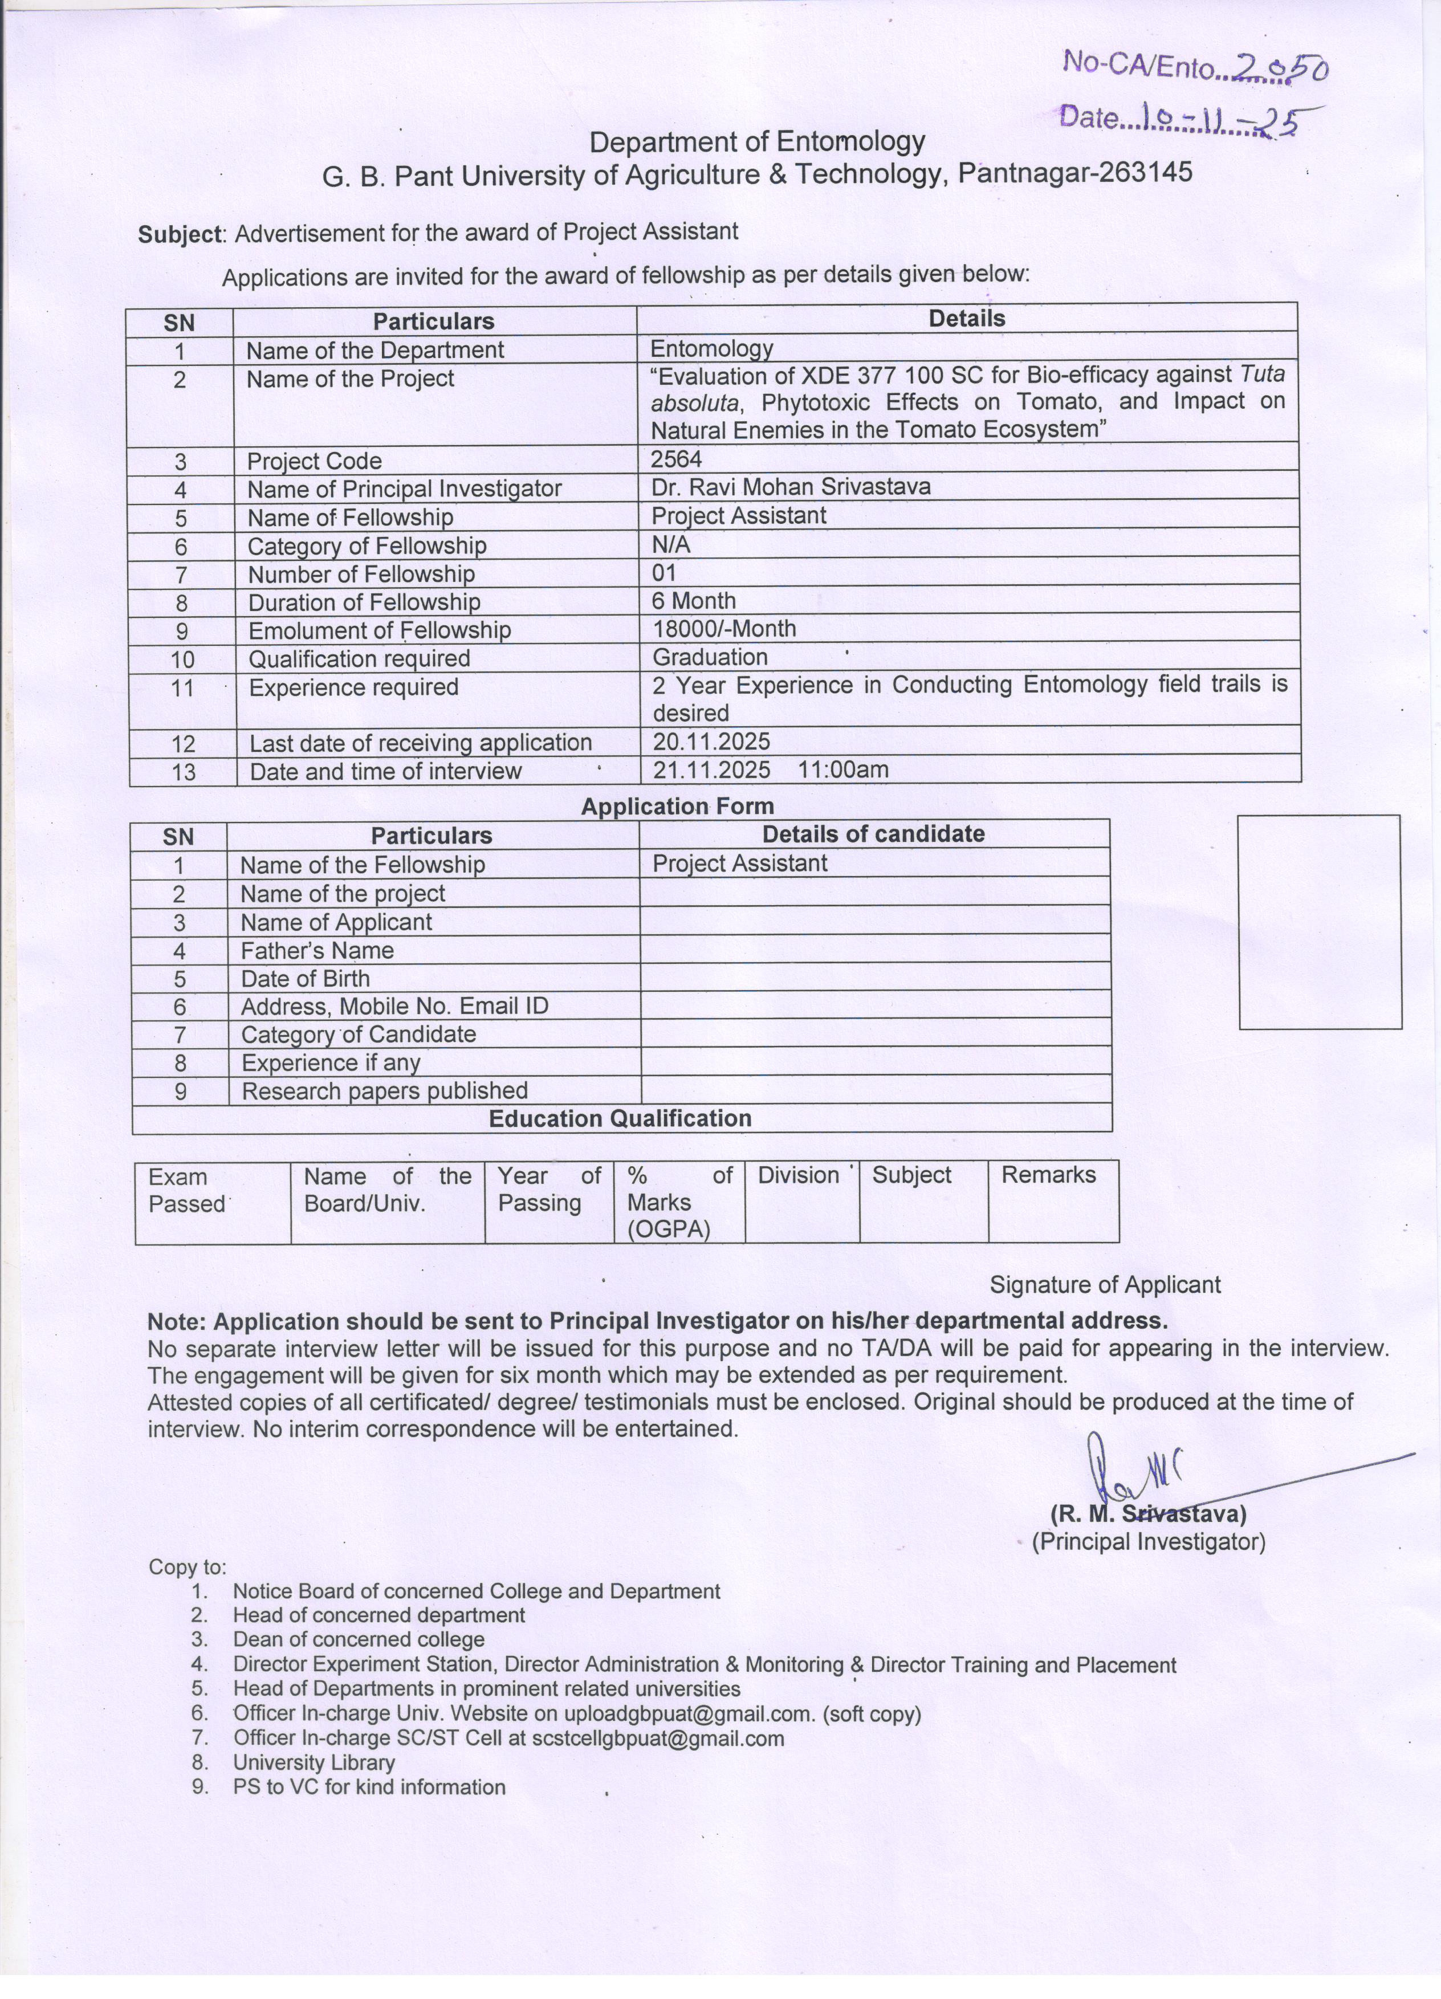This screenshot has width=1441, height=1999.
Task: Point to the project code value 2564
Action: pos(676,458)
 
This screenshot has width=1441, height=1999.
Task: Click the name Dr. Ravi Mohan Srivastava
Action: pos(791,487)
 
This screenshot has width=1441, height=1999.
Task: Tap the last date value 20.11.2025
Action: pos(711,741)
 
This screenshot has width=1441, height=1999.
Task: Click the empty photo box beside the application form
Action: pos(1320,921)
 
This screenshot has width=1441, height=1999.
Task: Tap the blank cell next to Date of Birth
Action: pos(874,978)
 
